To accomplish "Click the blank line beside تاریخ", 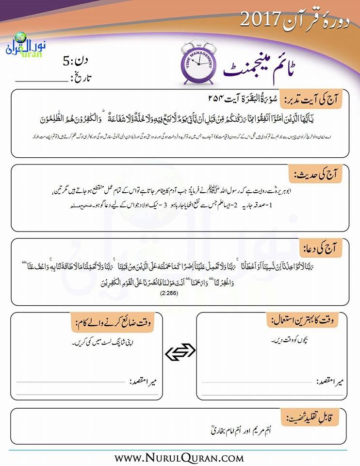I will [41, 80].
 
